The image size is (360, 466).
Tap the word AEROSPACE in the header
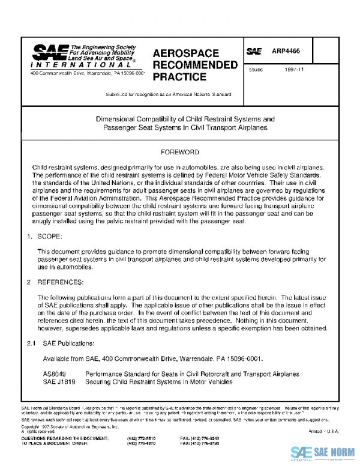(186, 53)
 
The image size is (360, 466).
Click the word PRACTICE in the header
(179, 77)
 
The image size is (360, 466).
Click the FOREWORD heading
(180, 153)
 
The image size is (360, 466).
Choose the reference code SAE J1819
(58, 382)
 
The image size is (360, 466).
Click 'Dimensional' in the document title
(119, 119)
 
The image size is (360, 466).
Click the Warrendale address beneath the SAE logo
(80, 73)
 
